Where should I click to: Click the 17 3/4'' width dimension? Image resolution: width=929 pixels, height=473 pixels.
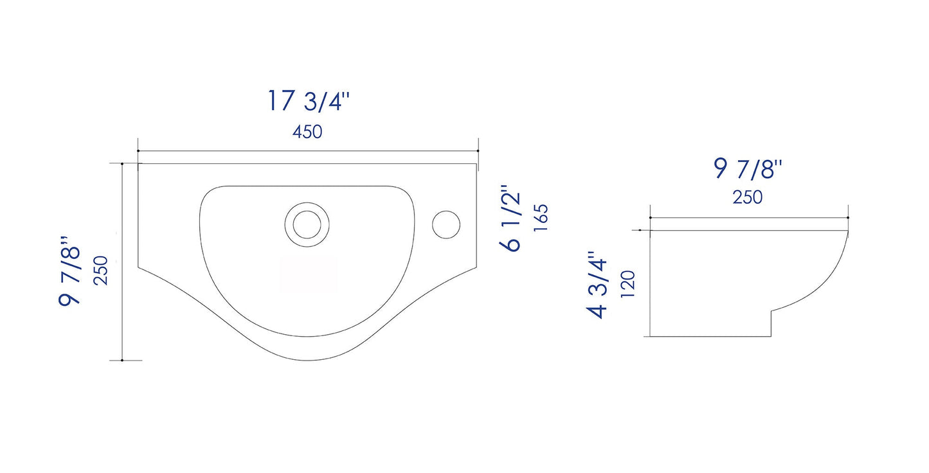[309, 101]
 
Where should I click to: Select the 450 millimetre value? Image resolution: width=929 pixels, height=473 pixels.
[307, 132]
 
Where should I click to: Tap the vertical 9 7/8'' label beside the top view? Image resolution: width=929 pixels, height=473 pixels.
[69, 272]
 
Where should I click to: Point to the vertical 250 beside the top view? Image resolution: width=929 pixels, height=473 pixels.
[101, 271]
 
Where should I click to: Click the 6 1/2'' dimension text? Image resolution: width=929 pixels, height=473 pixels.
[510, 218]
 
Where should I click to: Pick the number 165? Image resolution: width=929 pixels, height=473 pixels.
[541, 218]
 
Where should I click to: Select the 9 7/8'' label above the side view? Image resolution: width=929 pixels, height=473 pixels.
[748, 169]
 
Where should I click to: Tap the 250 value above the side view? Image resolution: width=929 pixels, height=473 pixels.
[747, 197]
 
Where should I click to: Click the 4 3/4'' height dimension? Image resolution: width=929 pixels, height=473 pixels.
[597, 285]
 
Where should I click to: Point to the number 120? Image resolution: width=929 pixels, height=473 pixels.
[628, 284]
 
